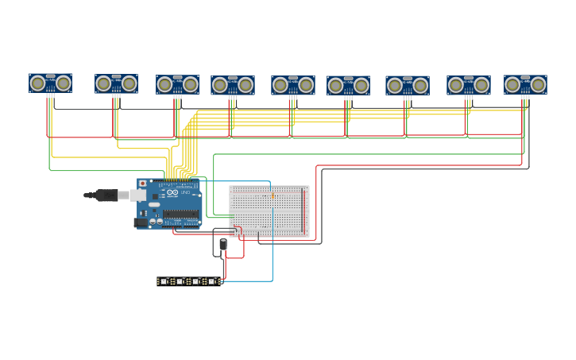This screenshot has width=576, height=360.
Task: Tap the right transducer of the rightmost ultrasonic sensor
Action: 537,84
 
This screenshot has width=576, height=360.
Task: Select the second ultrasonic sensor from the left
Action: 116,83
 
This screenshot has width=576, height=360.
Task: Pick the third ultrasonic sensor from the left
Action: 177,84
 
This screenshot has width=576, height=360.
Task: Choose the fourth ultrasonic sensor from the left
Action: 233,85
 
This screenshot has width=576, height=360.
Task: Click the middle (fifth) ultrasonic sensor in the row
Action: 293,85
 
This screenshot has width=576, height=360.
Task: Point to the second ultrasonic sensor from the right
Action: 468,85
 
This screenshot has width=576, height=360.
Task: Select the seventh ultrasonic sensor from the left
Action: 408,85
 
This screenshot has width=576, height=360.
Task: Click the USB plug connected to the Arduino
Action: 107,195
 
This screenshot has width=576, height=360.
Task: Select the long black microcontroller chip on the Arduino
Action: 181,214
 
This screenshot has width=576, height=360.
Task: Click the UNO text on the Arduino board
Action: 185,192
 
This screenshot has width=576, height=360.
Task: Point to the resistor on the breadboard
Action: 273,195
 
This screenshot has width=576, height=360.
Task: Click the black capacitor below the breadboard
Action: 223,245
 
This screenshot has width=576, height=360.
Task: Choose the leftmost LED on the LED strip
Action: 164,281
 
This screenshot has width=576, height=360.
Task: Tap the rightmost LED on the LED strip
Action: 211,281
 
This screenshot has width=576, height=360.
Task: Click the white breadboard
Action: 269,211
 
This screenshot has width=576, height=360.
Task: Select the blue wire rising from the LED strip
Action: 273,254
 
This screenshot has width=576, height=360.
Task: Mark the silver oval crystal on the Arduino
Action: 154,205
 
